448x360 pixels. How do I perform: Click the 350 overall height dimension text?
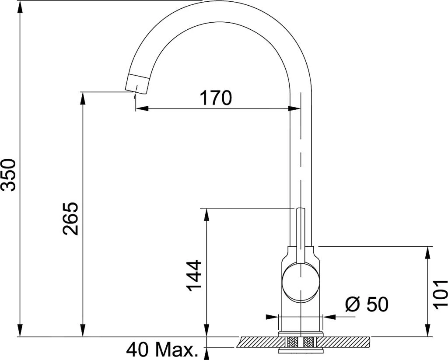[x=9, y=175]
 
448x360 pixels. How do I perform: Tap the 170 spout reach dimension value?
[x=216, y=98]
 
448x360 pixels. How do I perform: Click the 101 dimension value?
[x=440, y=294]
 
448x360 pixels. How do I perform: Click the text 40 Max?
[x=160, y=350]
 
